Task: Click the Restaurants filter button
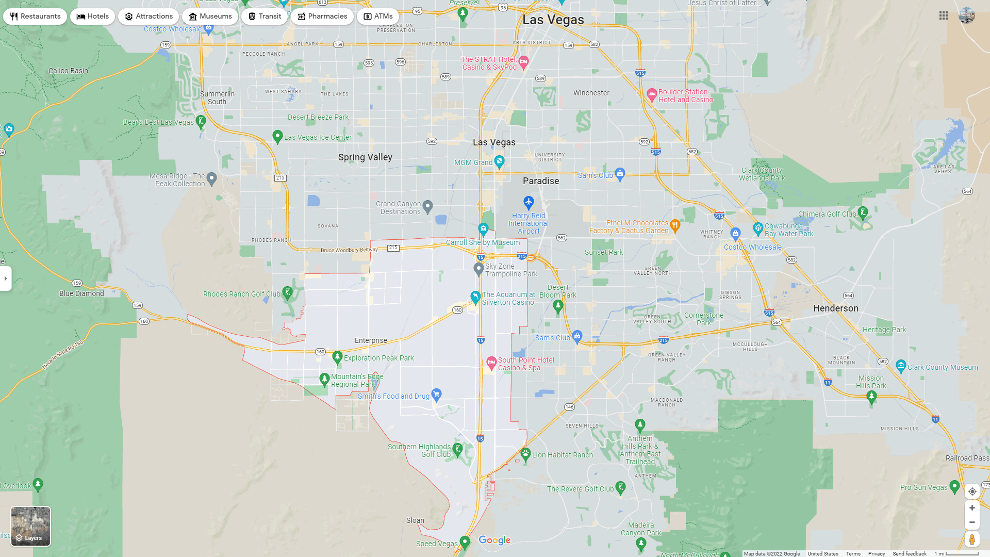(35, 17)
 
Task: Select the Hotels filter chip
(93, 17)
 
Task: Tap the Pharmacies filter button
(322, 17)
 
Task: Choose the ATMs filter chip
(378, 17)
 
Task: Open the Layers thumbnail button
(31, 526)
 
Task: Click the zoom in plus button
(972, 508)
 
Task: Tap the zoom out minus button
(972, 522)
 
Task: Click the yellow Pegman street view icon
(972, 539)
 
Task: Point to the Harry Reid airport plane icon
(529, 202)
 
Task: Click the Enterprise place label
(371, 340)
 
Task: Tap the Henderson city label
(836, 308)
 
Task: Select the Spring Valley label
(365, 157)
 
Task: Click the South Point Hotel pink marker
(491, 362)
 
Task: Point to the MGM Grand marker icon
(499, 162)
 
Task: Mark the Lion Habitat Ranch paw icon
(525, 454)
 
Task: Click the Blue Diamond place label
(81, 293)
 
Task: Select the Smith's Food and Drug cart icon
(436, 395)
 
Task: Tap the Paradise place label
(541, 181)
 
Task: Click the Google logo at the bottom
(494, 540)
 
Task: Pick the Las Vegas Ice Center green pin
(277, 136)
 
